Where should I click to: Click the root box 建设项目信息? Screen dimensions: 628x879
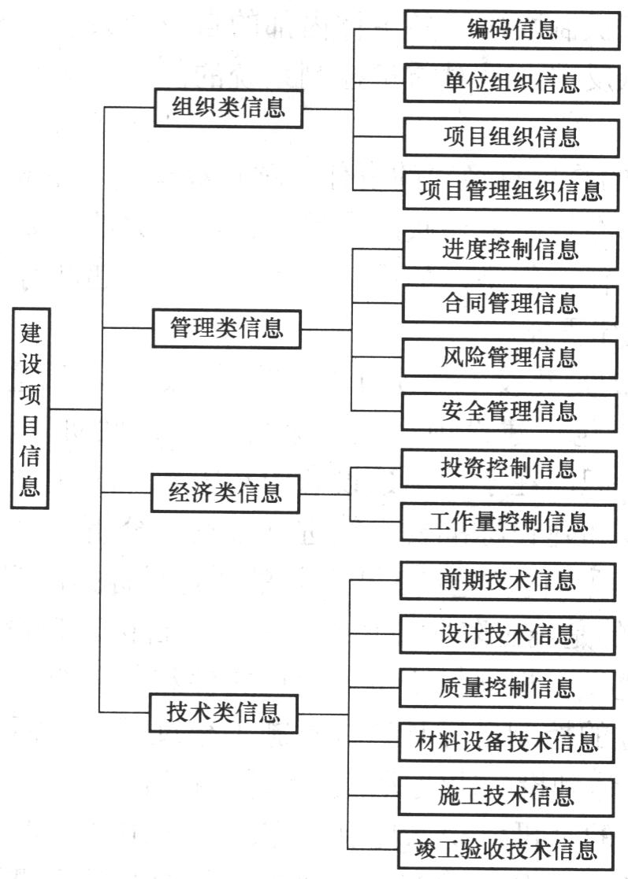(30, 408)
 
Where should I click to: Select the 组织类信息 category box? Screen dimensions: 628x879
(229, 108)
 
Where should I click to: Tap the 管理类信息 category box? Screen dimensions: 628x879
(227, 328)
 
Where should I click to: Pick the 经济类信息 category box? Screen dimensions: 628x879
(225, 493)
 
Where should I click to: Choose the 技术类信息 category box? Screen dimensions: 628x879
(223, 714)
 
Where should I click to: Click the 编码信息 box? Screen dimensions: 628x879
(512, 29)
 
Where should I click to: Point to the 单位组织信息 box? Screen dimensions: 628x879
(511, 83)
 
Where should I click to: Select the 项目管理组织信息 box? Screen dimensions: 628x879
(511, 192)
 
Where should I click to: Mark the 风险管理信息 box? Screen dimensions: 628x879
(509, 358)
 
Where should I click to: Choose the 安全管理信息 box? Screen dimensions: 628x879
(509, 412)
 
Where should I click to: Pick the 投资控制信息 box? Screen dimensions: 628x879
(508, 469)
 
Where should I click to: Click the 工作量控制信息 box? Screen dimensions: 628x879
(508, 523)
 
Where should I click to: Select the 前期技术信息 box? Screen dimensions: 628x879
(508, 582)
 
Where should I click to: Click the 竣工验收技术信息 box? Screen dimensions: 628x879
(506, 851)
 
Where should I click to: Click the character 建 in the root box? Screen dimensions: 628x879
(31, 332)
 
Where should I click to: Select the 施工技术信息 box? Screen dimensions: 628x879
(507, 797)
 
